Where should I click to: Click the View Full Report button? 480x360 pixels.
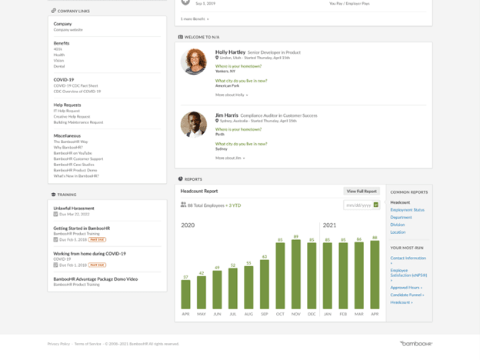[x=361, y=191]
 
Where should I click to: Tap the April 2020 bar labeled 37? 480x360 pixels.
[x=185, y=294]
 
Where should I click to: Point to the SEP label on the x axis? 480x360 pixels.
[x=264, y=314]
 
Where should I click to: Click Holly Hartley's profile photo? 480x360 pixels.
[x=193, y=62]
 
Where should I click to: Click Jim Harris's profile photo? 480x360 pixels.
[x=193, y=125]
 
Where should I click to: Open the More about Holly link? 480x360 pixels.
[x=231, y=95]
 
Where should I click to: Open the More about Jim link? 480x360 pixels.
[x=229, y=158]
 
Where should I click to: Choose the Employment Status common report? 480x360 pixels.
[x=407, y=210]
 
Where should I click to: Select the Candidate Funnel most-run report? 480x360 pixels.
[x=406, y=295]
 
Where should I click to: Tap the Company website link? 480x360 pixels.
[x=68, y=30]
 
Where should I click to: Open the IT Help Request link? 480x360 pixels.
[x=66, y=111]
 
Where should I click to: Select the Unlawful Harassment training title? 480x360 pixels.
[x=73, y=208]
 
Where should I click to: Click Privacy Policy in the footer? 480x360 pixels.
[x=58, y=344]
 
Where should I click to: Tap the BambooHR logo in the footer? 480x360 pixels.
[x=415, y=344]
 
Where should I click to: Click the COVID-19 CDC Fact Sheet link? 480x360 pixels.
[x=75, y=85]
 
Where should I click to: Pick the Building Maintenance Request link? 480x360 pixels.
[x=78, y=122]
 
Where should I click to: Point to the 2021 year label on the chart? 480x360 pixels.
[x=329, y=225]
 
